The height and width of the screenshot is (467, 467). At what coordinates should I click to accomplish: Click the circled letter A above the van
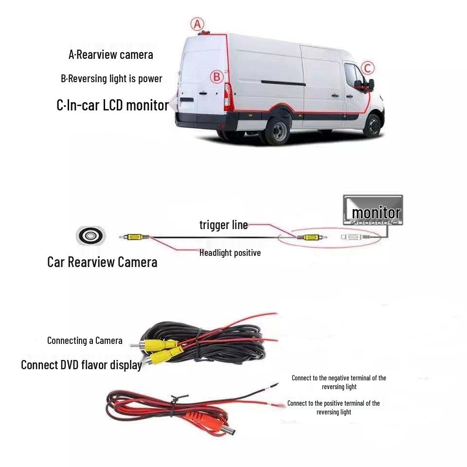(197, 23)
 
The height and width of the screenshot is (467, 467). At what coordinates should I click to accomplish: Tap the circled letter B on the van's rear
(217, 77)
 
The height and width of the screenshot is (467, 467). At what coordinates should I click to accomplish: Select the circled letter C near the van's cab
(368, 68)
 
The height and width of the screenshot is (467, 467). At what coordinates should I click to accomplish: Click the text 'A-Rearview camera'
(111, 54)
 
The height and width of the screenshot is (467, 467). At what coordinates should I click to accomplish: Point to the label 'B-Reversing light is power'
(111, 79)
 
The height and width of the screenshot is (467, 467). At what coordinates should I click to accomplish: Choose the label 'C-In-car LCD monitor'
(112, 105)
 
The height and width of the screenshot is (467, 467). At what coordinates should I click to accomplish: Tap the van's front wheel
(373, 125)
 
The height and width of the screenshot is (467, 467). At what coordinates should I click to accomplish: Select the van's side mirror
(370, 85)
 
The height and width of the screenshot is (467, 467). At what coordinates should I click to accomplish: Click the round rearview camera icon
(90, 236)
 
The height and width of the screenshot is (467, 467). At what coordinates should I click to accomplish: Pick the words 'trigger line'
(223, 225)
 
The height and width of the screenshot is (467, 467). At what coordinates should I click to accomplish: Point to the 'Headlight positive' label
(230, 252)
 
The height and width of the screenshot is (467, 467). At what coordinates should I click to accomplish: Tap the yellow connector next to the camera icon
(133, 237)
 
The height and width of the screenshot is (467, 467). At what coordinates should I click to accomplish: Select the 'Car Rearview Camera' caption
(102, 262)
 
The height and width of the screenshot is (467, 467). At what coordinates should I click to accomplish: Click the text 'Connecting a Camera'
(85, 341)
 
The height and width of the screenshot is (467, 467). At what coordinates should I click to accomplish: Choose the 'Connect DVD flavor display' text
(81, 365)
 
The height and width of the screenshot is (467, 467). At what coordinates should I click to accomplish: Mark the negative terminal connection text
(339, 382)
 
